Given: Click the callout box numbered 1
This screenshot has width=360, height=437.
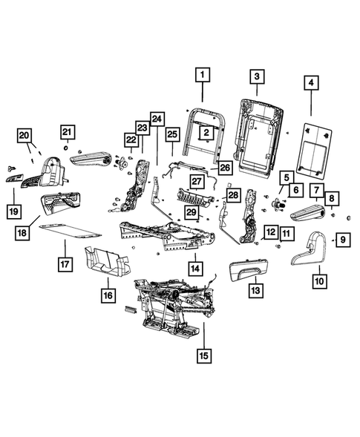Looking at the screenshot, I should (203, 75).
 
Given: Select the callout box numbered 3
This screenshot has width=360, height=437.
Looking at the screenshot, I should (255, 76).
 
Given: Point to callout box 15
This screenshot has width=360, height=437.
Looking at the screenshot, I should (203, 355).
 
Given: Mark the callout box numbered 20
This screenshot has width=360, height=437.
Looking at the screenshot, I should (25, 135).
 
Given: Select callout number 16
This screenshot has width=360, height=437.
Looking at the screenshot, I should (109, 295).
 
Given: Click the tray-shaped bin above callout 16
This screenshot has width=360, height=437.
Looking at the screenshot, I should (108, 259).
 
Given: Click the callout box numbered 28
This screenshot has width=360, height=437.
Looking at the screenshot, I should (232, 196).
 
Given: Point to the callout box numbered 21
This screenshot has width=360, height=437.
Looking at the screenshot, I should (68, 133).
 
